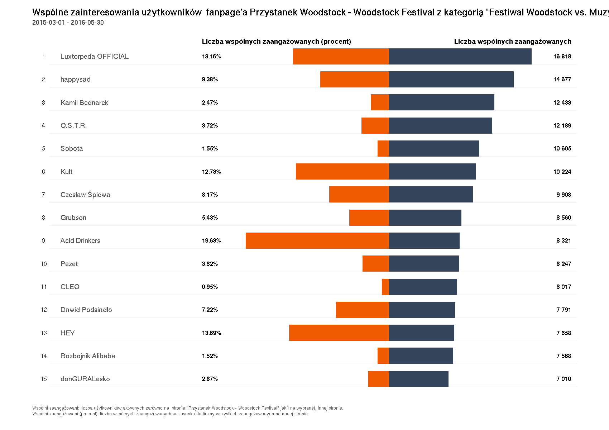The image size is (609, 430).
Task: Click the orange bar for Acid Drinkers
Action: click(x=317, y=240)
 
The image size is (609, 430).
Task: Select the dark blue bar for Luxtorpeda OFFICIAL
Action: click(x=460, y=56)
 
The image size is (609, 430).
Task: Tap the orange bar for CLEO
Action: click(x=385, y=287)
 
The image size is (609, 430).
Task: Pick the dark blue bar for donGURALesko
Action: click(x=418, y=379)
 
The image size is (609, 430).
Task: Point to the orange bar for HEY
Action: click(x=339, y=333)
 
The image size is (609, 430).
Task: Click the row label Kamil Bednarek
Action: click(x=84, y=102)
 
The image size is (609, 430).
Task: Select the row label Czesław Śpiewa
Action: click(x=85, y=195)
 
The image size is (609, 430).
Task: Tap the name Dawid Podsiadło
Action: click(x=86, y=310)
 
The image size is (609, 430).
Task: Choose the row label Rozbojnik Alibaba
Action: click(x=88, y=356)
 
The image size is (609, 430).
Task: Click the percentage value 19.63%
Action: click(x=211, y=240)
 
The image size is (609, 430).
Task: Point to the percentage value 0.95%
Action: click(x=210, y=287)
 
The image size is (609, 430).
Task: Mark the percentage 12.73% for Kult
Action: click(x=211, y=172)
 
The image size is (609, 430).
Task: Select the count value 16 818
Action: click(x=562, y=56)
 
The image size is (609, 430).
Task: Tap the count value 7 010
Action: click(x=564, y=379)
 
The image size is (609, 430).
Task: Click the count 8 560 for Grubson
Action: click(x=564, y=218)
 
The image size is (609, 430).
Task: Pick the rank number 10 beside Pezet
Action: click(x=44, y=264)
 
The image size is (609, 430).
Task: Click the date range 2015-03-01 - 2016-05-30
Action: click(x=68, y=23)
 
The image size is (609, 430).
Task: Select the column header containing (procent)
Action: click(x=276, y=41)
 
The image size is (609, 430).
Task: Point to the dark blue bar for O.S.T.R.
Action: click(x=440, y=125)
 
